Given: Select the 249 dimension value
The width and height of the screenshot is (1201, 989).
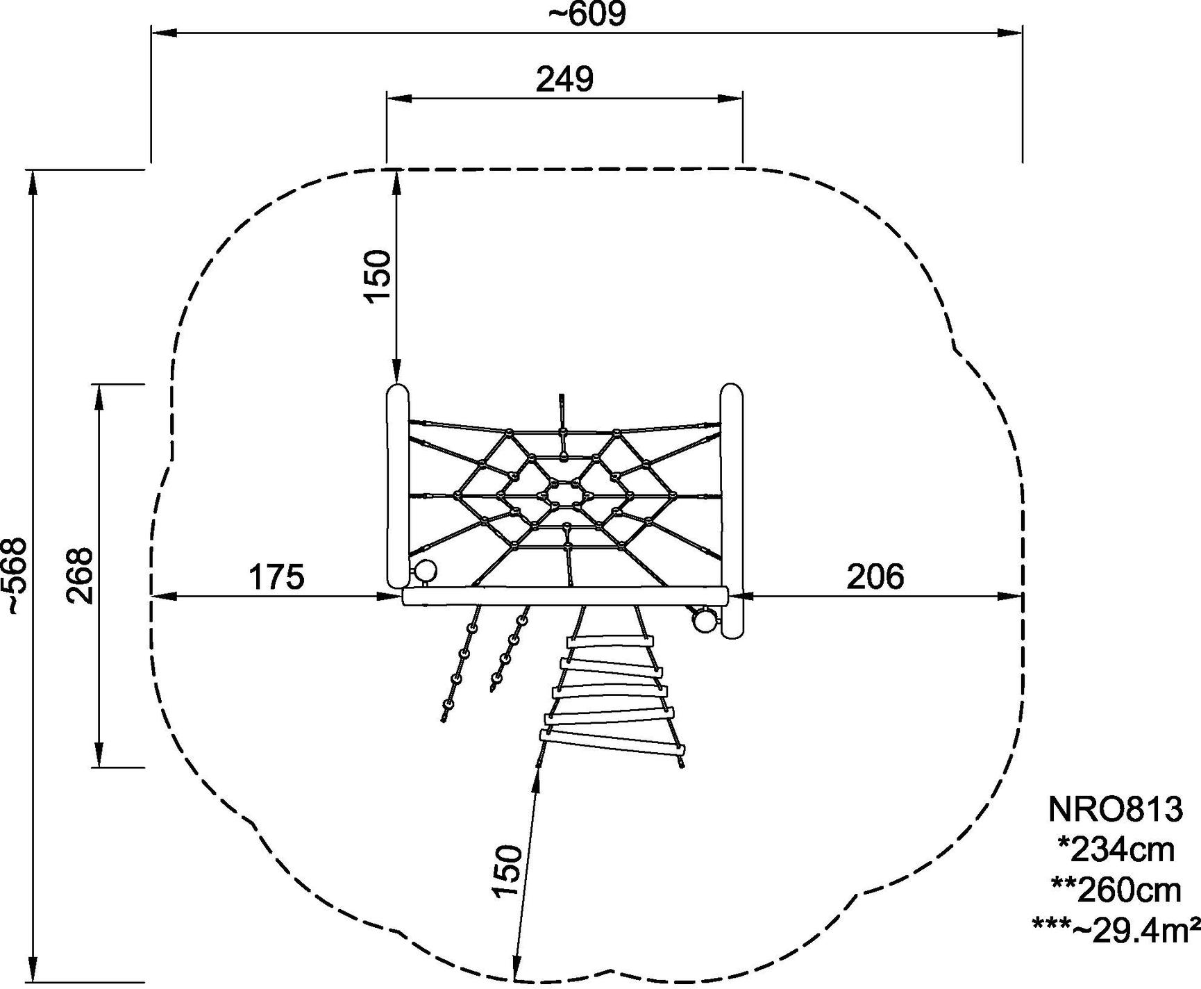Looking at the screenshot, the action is [x=564, y=80].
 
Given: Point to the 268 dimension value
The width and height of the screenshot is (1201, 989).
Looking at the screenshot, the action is [x=81, y=576].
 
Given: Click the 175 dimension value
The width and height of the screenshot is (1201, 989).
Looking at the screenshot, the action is [x=276, y=577].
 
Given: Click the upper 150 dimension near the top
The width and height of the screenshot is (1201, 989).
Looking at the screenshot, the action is [x=378, y=274].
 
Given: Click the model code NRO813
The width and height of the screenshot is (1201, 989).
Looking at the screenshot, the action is [x=1114, y=809].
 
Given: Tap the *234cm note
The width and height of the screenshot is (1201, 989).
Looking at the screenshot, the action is [x=1116, y=849].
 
